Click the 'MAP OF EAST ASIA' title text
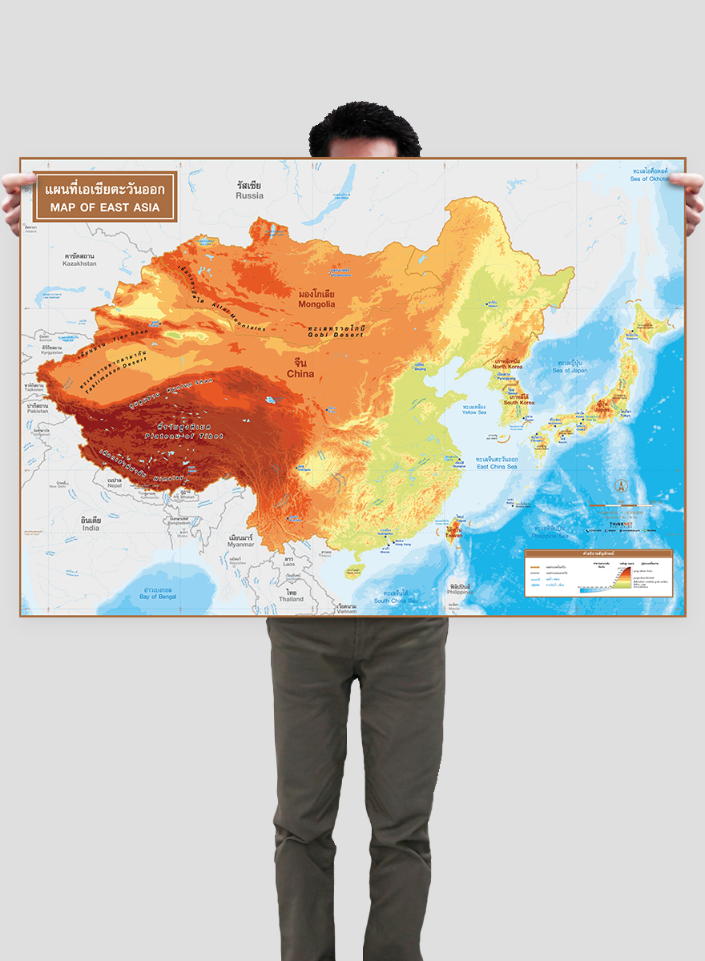[104, 207]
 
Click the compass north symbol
[620, 485]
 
